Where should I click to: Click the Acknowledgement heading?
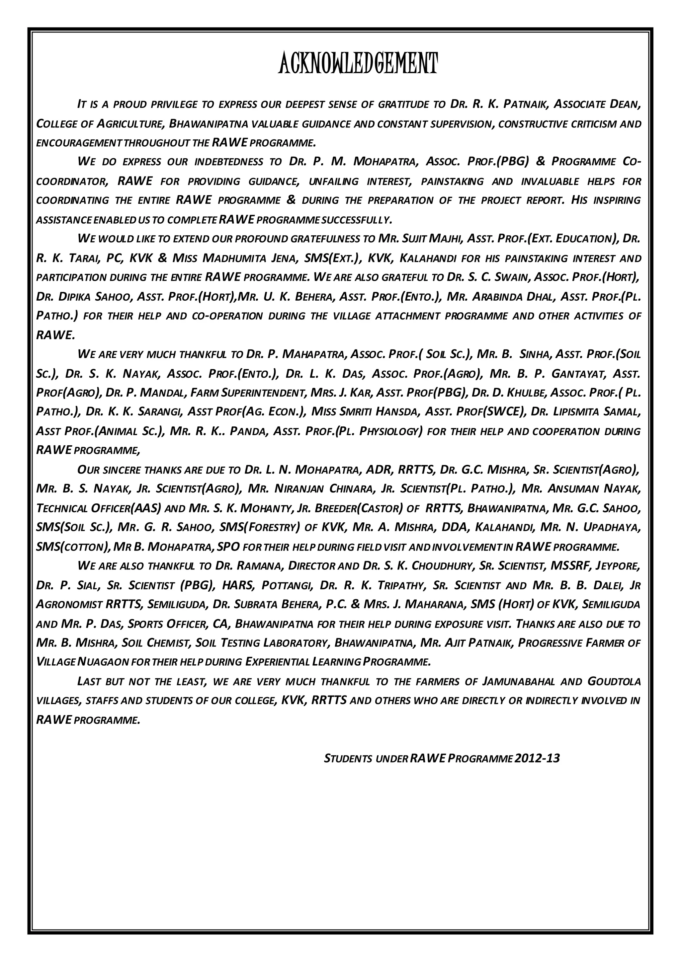tap(358, 64)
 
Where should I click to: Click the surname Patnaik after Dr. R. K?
tap(526, 104)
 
